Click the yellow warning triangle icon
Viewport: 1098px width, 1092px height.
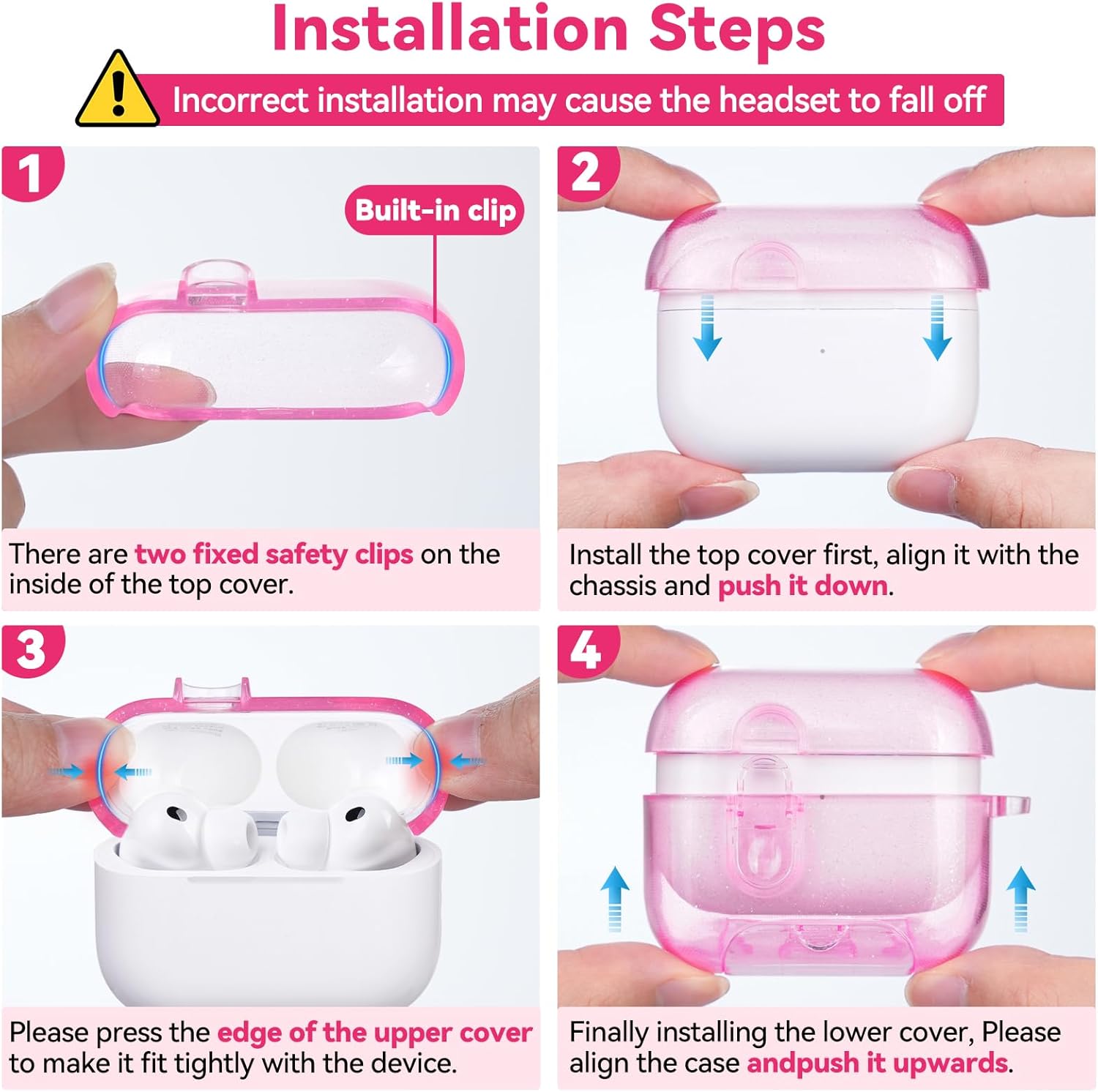[x=118, y=92]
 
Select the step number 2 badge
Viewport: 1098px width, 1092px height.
[x=588, y=173]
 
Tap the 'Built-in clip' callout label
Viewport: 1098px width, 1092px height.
[x=435, y=211]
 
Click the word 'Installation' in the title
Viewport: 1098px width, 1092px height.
[x=449, y=29]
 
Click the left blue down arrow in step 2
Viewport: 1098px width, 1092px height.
[x=707, y=327]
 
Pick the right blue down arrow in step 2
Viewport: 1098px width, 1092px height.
[x=938, y=327]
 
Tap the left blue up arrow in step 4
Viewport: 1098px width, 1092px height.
[x=615, y=899]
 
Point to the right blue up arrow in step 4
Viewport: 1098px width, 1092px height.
[x=1020, y=899]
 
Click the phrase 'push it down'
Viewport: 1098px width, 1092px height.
[x=802, y=586]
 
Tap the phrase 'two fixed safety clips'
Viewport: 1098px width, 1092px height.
[x=274, y=555]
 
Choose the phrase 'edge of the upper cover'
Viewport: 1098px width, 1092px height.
[x=375, y=1033]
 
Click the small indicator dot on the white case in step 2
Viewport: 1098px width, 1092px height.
[x=823, y=351]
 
